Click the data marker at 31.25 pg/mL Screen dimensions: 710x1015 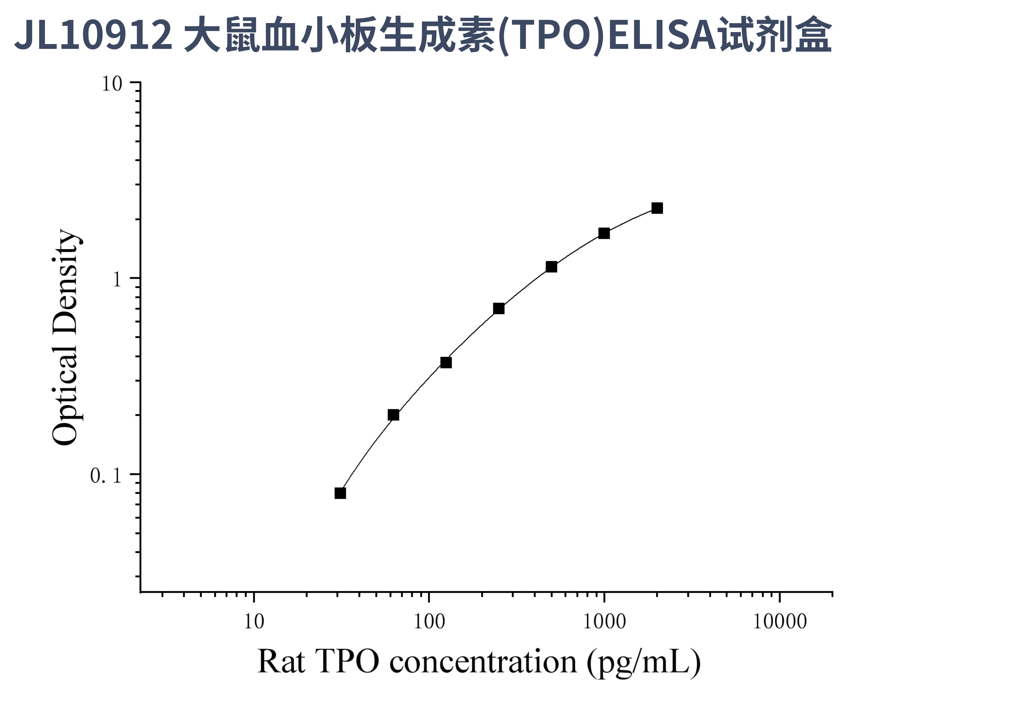tap(340, 493)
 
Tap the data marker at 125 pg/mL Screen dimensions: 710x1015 tap(446, 362)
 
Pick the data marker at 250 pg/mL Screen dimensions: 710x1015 tap(499, 308)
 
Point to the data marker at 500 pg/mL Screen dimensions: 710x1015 tap(551, 267)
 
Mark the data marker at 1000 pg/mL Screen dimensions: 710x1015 tap(604, 233)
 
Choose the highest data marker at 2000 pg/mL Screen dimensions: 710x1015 tap(657, 208)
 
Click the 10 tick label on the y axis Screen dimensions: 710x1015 tap(111, 83)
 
